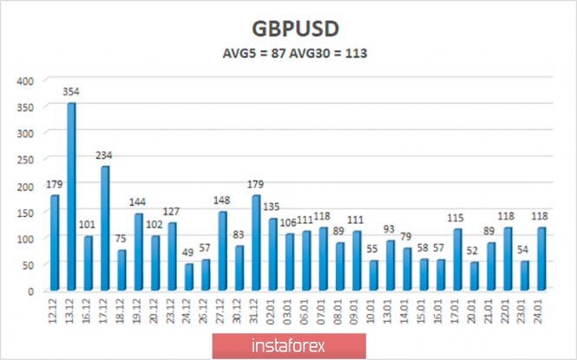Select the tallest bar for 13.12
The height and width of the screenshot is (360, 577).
pyautogui.click(x=71, y=197)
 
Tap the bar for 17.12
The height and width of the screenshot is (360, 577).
pyautogui.click(x=104, y=228)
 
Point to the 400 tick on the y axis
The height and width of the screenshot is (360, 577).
pyautogui.click(x=26, y=81)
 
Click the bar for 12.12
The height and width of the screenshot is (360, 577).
pyautogui.click(x=55, y=243)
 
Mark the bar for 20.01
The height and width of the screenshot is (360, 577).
pyautogui.click(x=473, y=276)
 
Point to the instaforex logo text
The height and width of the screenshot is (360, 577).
pyautogui.click(x=287, y=345)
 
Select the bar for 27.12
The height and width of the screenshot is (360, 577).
pyautogui.click(x=222, y=251)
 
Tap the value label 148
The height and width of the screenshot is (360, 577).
pyautogui.click(x=221, y=201)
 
